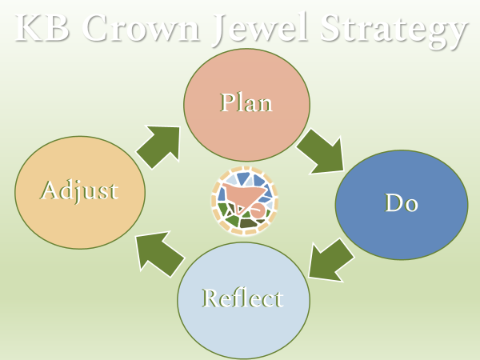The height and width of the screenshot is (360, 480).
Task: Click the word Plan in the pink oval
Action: point(246,103)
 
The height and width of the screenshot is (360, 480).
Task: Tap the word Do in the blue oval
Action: point(402,203)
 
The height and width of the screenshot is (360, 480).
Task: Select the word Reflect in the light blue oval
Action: point(242,298)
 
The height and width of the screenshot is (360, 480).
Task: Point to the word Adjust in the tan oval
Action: point(79,190)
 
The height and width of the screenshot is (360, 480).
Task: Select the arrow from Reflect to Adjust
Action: point(158,251)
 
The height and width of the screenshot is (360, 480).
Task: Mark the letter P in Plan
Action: point(227,103)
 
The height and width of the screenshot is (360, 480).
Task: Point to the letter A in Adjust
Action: point(50,190)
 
